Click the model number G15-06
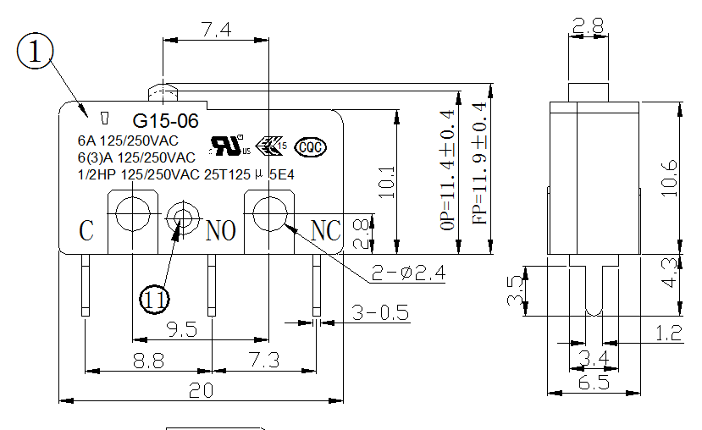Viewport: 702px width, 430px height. tap(165, 121)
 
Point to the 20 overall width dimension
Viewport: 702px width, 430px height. tap(201, 390)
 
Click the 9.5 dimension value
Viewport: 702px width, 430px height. tap(183, 328)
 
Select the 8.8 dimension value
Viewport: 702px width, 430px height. tap(148, 361)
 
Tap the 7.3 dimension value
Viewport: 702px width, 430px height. tap(264, 361)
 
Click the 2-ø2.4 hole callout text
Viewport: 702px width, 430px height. tap(408, 273)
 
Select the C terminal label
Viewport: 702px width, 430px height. tap(86, 229)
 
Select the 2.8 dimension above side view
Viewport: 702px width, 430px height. tap(588, 27)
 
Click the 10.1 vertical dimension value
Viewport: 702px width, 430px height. tap(386, 181)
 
